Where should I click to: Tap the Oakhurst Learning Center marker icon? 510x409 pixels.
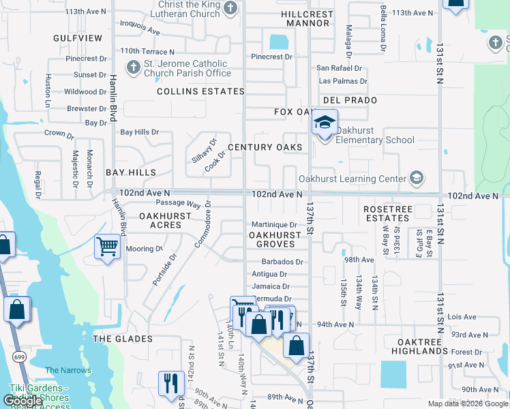(x=416, y=179)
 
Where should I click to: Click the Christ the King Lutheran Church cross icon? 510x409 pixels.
(x=230, y=8)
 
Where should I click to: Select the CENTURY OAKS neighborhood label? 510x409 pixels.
(x=265, y=147)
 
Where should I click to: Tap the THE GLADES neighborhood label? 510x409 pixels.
(x=122, y=339)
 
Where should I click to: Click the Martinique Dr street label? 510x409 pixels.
(x=274, y=224)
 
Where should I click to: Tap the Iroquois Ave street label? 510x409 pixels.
(x=140, y=31)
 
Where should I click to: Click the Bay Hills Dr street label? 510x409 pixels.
(x=139, y=132)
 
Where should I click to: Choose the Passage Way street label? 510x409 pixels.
(x=178, y=203)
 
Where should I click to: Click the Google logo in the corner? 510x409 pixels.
(x=23, y=401)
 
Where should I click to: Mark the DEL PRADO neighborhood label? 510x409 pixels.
(x=350, y=100)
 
